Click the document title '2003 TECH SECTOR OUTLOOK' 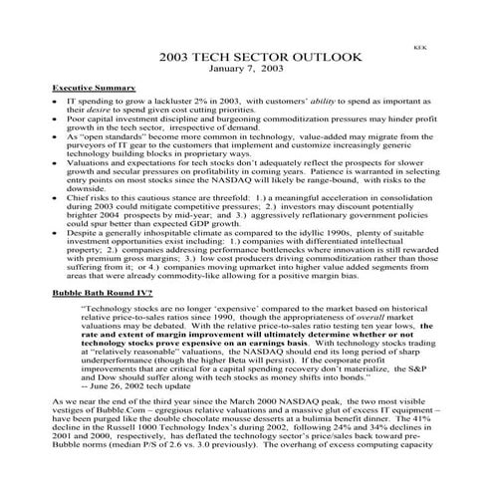[246, 59]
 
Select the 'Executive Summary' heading [95, 89]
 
